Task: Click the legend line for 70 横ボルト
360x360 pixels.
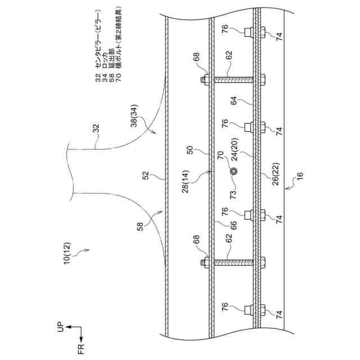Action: pyautogui.click(x=120, y=45)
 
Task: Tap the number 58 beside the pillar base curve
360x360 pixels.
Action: pyautogui.click(x=139, y=228)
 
